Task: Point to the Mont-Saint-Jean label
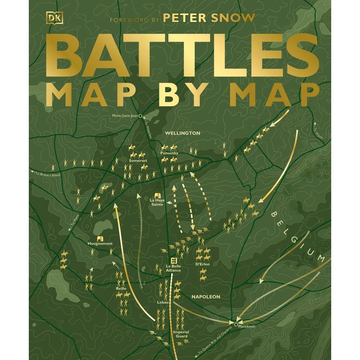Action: pos(125,116)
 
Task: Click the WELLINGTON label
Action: pos(182,133)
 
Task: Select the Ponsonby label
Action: pos(169,153)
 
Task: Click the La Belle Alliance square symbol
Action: pos(172,261)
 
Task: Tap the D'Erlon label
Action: pos(202,264)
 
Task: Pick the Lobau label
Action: pos(162,302)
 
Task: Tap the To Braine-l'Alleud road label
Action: pos(46,174)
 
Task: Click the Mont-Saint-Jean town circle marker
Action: pos(140,116)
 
